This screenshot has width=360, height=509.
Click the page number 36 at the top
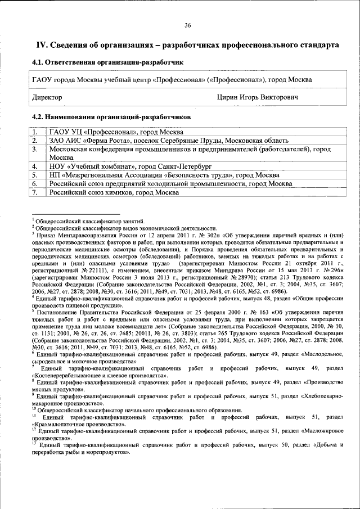[187, 25]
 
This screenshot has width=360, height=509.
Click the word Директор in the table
[47, 98]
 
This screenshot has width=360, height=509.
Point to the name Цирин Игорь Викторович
[257, 98]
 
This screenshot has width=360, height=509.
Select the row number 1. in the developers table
[35, 132]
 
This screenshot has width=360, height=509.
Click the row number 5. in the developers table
[35, 175]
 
